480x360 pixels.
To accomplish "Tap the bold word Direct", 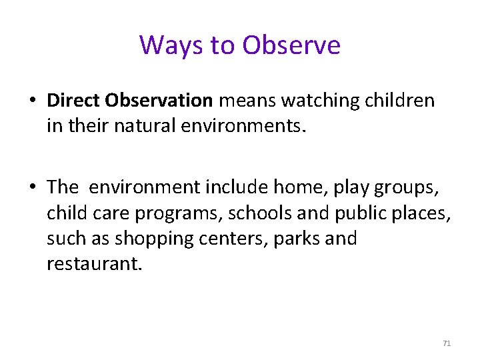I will (72, 101).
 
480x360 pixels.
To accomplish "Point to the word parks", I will (295, 239).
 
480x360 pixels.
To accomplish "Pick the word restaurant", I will (93, 263).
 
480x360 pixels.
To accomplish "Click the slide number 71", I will (447, 343).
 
